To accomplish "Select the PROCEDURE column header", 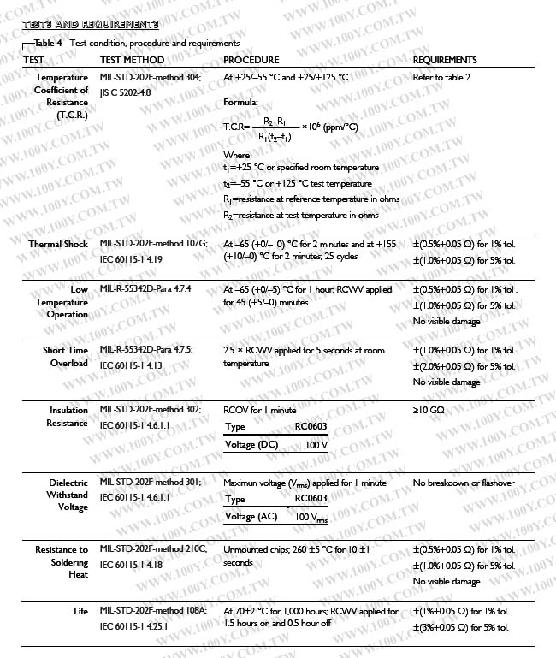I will tap(251, 61).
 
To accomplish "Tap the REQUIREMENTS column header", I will tap(445, 61).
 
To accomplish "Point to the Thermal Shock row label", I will tap(58, 245).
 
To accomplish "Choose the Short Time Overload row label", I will tap(66, 357).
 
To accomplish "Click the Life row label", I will tap(81, 612).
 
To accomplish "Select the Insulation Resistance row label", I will tap(68, 417).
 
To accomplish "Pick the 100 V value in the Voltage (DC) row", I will tap(316, 445).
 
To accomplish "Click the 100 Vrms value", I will tap(312, 518).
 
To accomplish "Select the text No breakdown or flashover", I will tap(464, 483).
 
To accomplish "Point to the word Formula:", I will tap(240, 103).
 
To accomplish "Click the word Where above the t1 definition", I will tap(236, 156).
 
